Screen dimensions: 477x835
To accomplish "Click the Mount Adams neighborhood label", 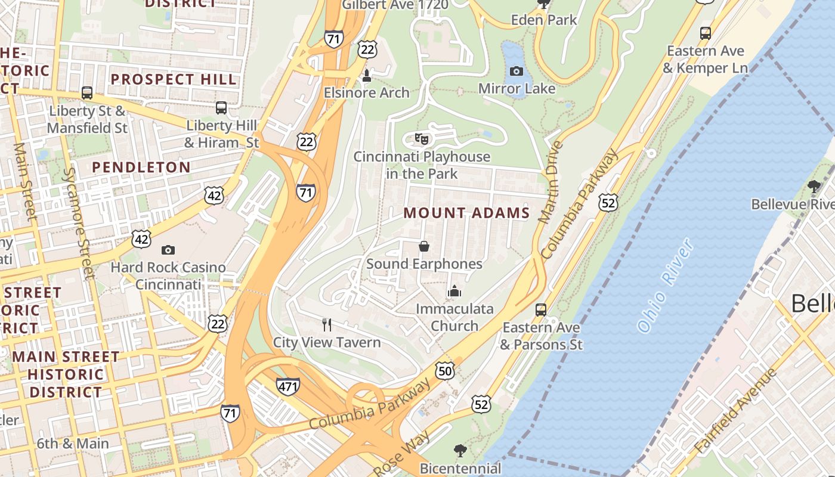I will (x=466, y=213).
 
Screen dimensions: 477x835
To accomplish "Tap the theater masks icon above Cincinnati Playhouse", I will (x=422, y=140).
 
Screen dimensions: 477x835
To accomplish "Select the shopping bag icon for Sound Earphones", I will (x=424, y=246).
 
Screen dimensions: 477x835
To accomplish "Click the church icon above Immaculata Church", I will (x=454, y=292).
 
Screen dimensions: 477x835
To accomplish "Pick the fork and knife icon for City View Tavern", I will (x=327, y=325).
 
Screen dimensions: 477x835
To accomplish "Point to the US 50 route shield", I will (x=445, y=371).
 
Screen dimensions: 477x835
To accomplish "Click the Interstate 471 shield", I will (x=287, y=386).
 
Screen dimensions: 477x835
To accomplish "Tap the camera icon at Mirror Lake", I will (x=517, y=72).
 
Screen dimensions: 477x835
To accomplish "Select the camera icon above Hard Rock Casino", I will (x=168, y=250).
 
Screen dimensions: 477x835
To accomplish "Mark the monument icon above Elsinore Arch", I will (x=367, y=76).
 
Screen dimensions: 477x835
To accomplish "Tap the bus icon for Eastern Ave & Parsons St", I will (x=541, y=310).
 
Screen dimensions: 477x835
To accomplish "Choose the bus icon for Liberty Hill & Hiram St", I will (x=221, y=108).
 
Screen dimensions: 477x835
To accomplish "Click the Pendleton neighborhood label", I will (x=141, y=168).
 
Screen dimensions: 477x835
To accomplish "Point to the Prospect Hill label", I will (x=174, y=79).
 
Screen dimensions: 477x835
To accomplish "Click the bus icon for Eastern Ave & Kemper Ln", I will (x=706, y=33).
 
